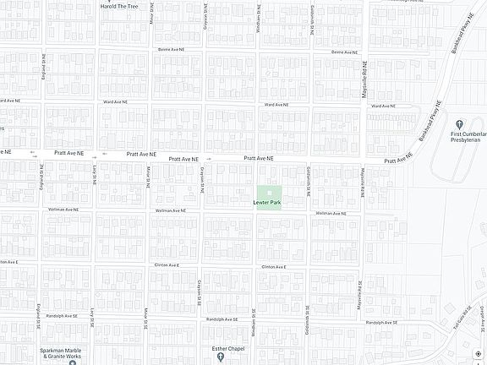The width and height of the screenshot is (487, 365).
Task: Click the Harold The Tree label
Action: (x=119, y=5)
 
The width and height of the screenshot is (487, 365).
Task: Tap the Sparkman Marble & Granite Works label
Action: (x=63, y=353)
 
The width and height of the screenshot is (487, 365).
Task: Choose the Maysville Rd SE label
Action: (x=363, y=295)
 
